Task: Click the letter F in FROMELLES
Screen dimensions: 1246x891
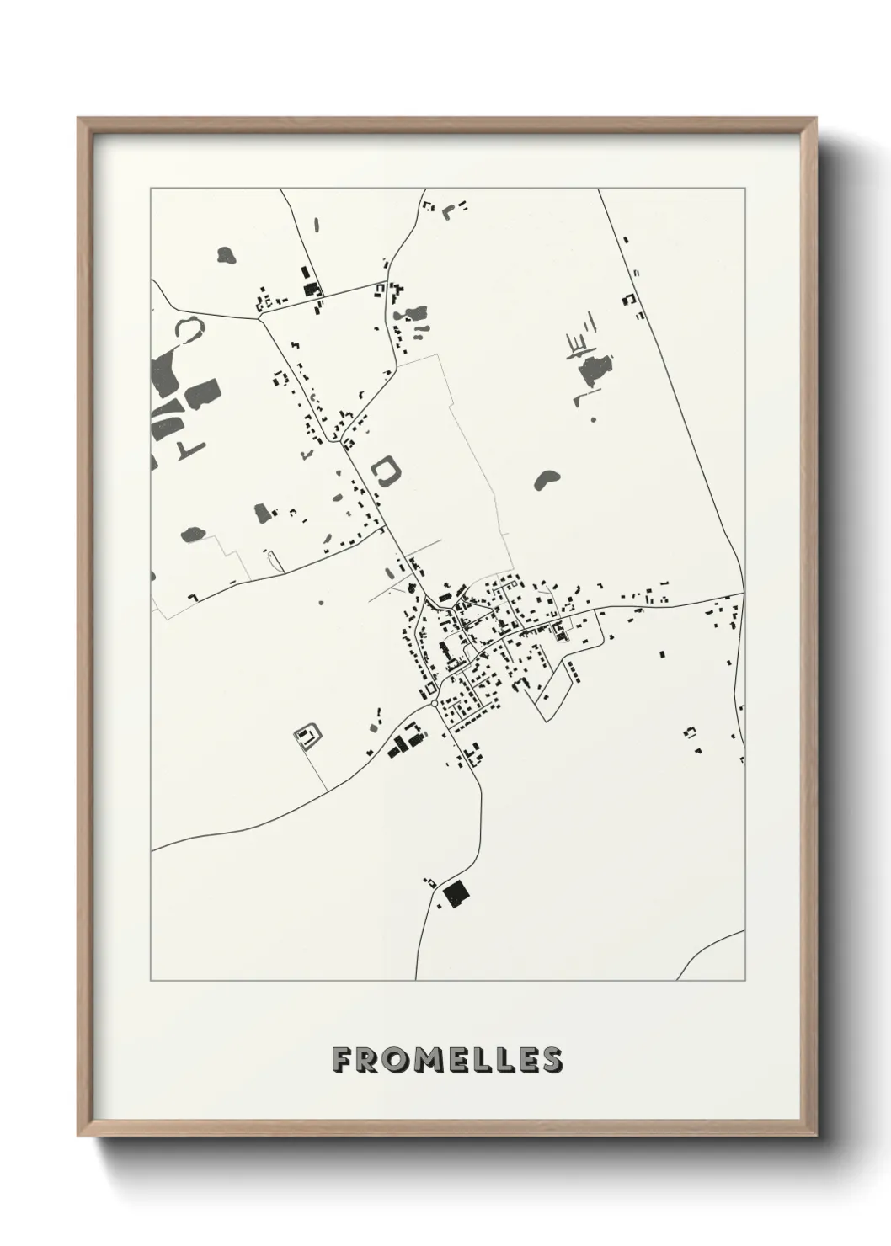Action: point(342,1059)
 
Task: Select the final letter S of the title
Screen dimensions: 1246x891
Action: point(552,1059)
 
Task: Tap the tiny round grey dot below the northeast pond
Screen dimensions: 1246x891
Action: point(593,418)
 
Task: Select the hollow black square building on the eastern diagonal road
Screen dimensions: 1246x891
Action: point(627,299)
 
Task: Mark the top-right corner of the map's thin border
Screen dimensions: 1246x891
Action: point(744,189)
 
